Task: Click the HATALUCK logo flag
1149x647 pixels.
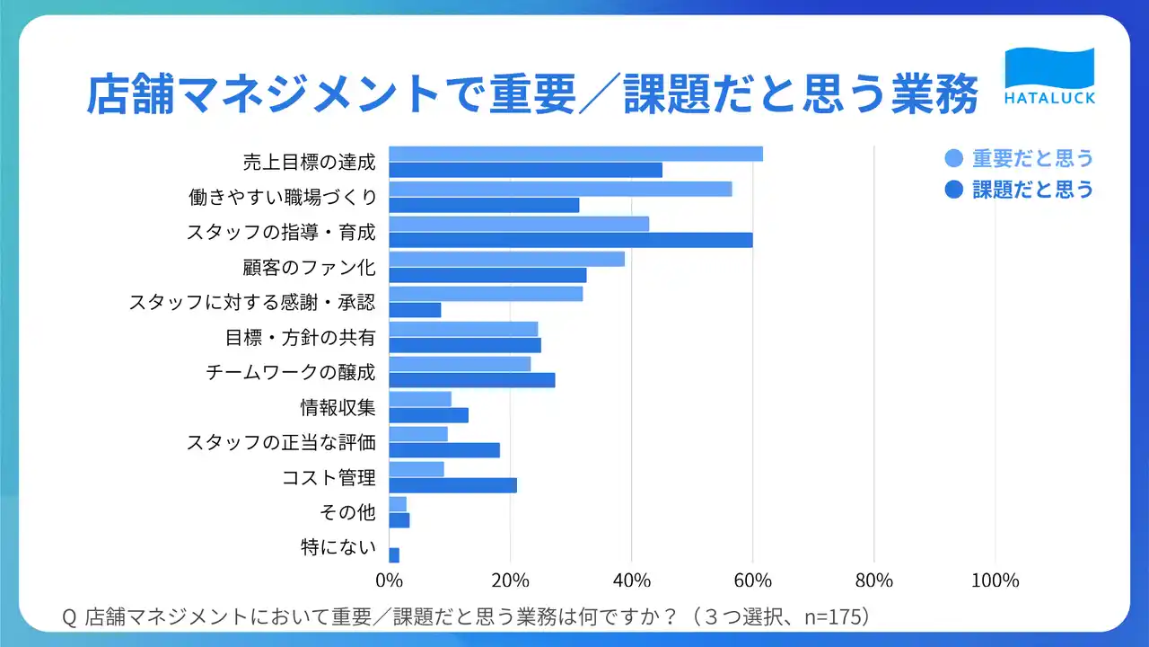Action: pos(1049,69)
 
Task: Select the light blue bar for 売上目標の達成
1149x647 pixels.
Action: pos(576,154)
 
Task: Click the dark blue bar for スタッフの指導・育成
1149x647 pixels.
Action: pos(571,240)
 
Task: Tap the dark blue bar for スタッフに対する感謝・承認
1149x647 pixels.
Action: pos(415,310)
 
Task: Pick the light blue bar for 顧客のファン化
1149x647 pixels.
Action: pos(507,260)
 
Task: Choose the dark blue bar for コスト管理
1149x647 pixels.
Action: pos(453,485)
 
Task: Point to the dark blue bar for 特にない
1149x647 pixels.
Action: pos(394,555)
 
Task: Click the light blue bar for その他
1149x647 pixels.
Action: pos(398,504)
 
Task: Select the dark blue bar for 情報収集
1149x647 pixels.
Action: pos(429,415)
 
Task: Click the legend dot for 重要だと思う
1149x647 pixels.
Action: pos(953,158)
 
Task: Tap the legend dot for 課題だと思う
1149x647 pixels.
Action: pos(953,190)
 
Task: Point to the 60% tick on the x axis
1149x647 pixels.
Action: pos(752,581)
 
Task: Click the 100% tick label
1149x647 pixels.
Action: pos(996,581)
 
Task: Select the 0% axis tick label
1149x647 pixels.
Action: pos(390,581)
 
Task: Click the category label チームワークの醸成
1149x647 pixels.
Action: pos(291,372)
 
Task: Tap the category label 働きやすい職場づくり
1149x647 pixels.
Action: pos(283,197)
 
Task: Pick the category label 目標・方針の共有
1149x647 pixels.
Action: pos(301,337)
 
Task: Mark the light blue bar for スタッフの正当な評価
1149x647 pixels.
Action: pos(418,434)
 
